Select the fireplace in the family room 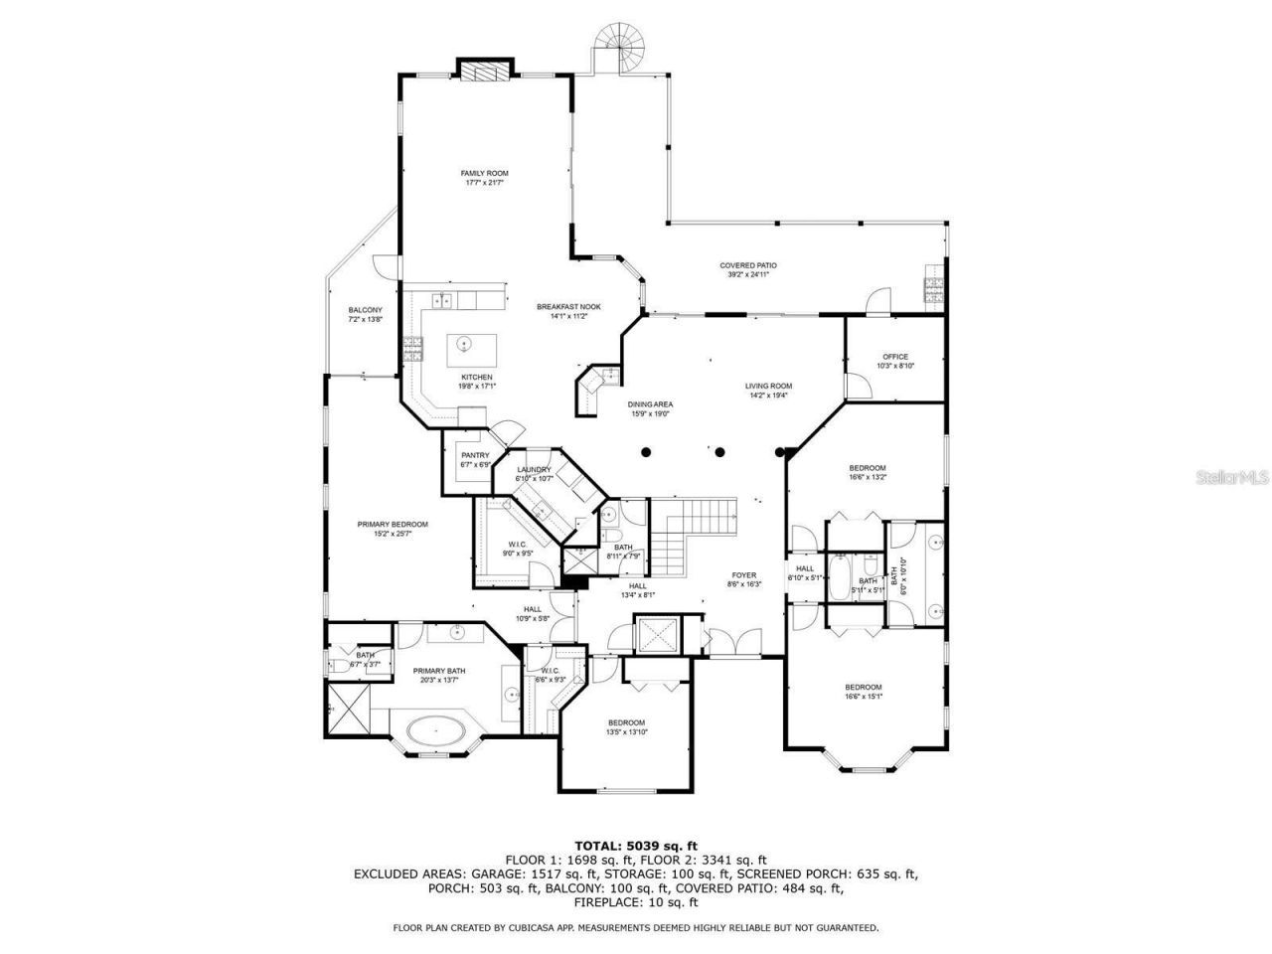coord(486,71)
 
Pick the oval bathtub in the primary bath coord(436,733)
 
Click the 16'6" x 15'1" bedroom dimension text coord(863,697)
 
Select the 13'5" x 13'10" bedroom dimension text coord(626,731)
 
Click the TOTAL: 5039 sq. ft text coord(635,845)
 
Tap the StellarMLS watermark coord(1237,477)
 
